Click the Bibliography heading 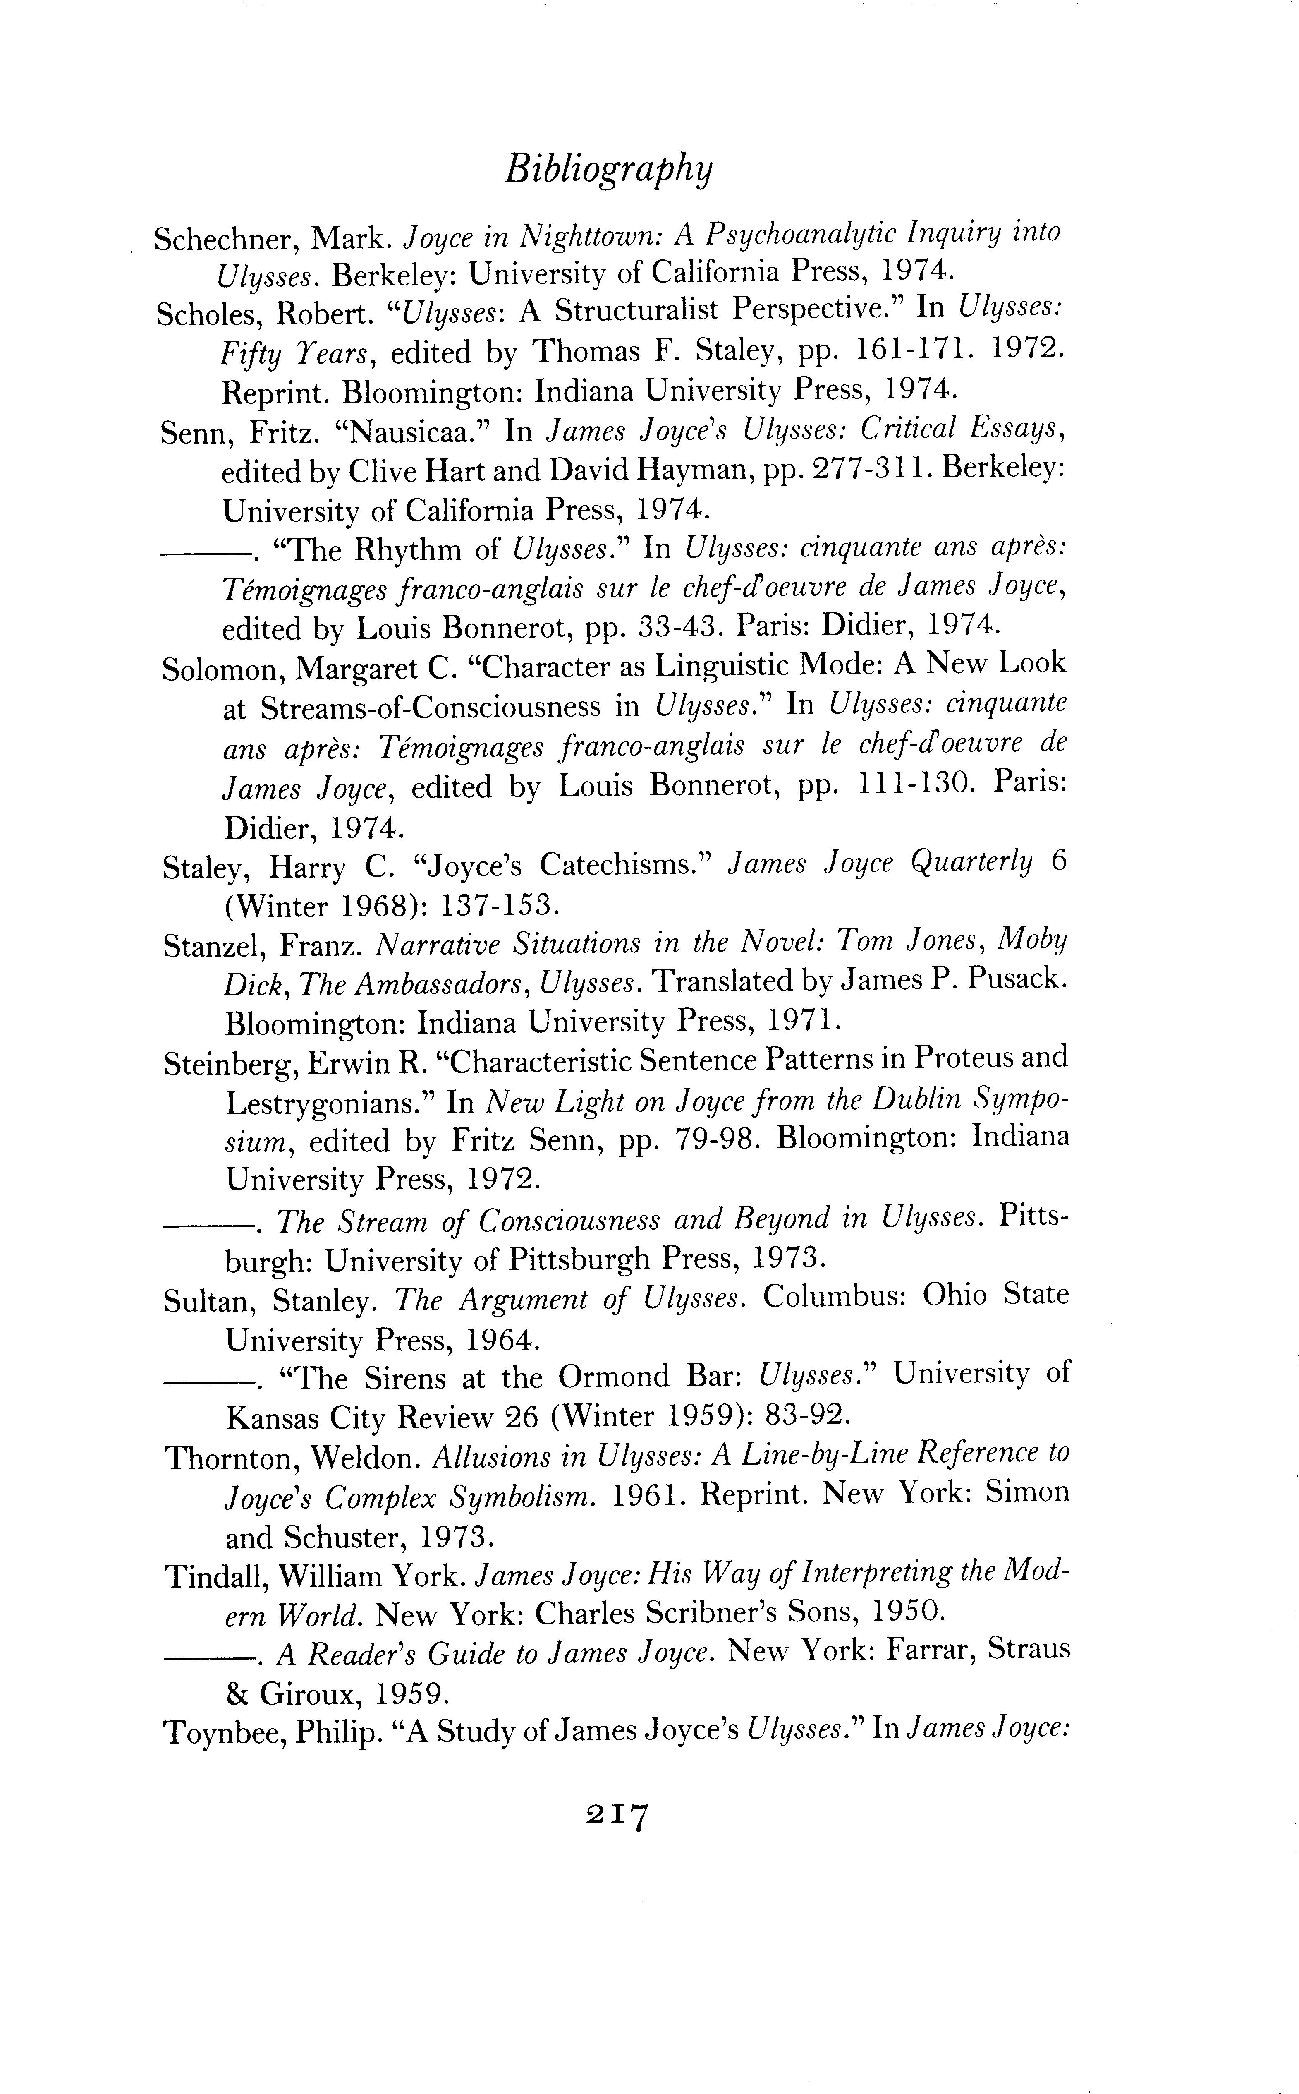click(x=608, y=169)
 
